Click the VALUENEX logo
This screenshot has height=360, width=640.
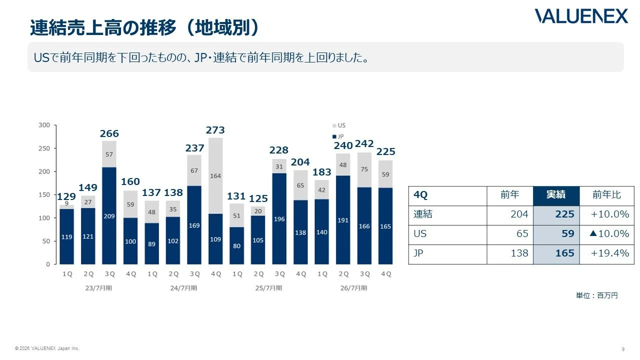tap(581, 16)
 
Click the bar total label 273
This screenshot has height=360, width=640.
tap(215, 130)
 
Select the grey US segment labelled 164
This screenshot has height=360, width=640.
tap(215, 175)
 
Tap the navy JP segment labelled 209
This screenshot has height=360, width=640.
tap(109, 215)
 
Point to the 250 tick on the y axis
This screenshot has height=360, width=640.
tap(44, 148)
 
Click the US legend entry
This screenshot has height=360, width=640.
tap(339, 125)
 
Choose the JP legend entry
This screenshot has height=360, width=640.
tap(338, 136)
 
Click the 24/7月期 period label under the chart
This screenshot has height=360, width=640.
tap(183, 288)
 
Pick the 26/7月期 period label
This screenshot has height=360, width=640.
tap(353, 288)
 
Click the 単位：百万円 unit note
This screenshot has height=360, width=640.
tap(597, 295)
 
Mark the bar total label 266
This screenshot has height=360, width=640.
tap(109, 133)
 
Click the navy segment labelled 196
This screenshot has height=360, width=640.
tap(279, 219)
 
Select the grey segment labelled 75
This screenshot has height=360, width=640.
tap(364, 170)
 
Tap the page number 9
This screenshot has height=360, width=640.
tap(623, 349)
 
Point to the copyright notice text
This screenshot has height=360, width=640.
tap(47, 348)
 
